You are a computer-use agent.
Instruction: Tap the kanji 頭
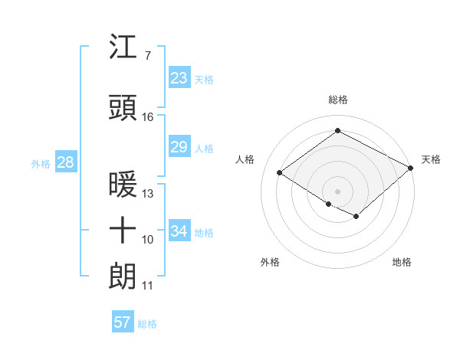123,109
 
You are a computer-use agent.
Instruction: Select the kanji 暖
123,185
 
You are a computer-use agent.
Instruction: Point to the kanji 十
123,231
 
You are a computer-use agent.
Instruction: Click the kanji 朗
123,277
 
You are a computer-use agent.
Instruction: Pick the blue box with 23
179,77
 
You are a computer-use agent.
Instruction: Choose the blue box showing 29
179,146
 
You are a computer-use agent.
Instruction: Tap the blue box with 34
179,231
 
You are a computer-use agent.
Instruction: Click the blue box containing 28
65,162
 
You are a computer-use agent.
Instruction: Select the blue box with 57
123,322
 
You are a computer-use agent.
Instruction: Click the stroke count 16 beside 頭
148,117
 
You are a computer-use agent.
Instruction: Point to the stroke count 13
148,193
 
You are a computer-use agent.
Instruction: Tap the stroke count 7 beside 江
147,55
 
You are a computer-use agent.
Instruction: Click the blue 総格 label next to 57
148,324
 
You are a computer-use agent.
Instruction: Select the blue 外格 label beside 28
41,163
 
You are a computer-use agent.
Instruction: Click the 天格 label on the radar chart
431,159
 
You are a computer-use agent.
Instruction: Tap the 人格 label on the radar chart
245,159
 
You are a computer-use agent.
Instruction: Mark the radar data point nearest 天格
411,168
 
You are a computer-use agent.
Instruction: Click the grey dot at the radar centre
337,191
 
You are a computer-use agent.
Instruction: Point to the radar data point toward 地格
356,217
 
